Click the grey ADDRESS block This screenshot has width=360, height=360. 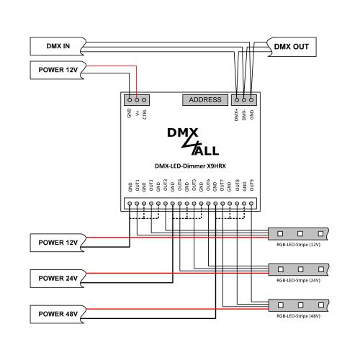[205, 99]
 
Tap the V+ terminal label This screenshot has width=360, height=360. [138, 114]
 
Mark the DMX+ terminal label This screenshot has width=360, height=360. [236, 115]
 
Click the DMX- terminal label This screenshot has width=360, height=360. [243, 115]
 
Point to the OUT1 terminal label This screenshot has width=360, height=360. [137, 186]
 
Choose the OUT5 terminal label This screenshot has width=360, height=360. [194, 186]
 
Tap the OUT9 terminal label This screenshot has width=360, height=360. [252, 186]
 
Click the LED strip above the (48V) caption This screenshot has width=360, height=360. [299, 304]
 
